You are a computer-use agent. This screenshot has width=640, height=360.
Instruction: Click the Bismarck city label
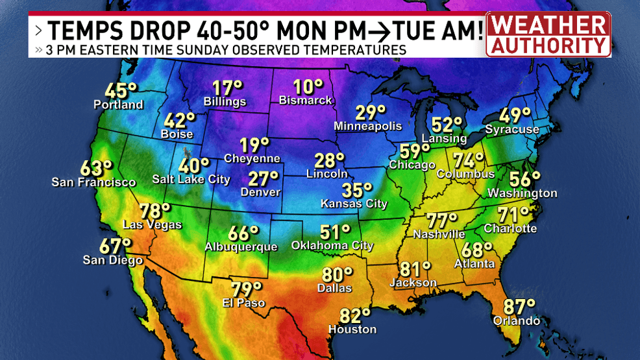click(305, 101)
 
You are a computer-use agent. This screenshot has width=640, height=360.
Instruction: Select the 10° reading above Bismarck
click(308, 87)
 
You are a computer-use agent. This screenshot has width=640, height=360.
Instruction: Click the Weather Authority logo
click(548, 34)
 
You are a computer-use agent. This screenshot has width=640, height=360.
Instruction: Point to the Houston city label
click(352, 330)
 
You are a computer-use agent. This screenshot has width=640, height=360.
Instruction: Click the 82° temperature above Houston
click(355, 316)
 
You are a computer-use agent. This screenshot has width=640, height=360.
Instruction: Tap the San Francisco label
click(93, 182)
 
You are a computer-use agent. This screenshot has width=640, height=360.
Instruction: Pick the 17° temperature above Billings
click(227, 88)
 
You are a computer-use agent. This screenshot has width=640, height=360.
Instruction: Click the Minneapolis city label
click(368, 126)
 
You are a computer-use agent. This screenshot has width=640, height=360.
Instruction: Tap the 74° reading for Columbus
click(469, 160)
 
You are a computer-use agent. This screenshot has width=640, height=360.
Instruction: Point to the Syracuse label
click(512, 129)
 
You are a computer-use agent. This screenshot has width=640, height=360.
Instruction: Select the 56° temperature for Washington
click(525, 178)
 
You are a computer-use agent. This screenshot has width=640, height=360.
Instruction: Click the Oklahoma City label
click(332, 246)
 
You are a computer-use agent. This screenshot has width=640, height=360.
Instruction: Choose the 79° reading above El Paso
click(247, 289)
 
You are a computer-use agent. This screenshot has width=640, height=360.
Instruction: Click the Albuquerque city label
click(241, 247)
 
